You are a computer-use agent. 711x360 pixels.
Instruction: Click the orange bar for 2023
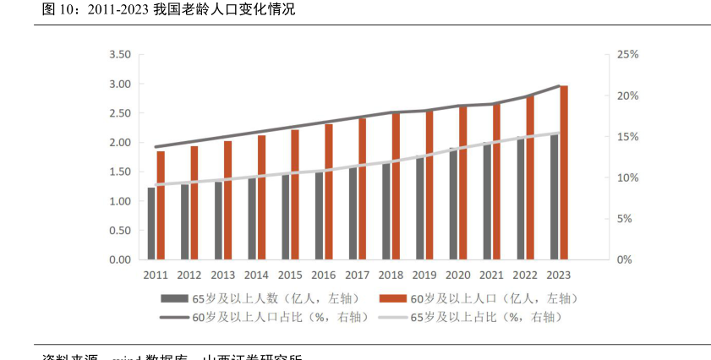pos(564,173)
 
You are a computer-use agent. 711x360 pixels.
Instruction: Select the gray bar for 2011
pos(151,223)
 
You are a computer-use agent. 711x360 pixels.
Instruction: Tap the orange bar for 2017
pos(363,188)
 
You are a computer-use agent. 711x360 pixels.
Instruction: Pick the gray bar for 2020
pos(454,204)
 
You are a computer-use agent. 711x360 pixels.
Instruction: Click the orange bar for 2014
pos(262,197)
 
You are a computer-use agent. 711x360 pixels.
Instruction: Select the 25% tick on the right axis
pos(629,55)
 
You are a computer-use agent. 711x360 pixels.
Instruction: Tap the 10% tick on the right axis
pos(629,178)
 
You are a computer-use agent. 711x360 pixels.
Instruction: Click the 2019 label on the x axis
pos(424,275)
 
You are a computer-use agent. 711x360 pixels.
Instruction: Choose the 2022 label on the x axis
pos(525,275)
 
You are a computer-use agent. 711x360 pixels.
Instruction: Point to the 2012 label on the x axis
pos(189,275)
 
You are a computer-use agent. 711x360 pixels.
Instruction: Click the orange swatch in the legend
pos(392,298)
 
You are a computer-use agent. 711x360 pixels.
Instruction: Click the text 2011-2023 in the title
pos(118,10)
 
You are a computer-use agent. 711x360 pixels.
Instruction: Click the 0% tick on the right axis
pos(626,260)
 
